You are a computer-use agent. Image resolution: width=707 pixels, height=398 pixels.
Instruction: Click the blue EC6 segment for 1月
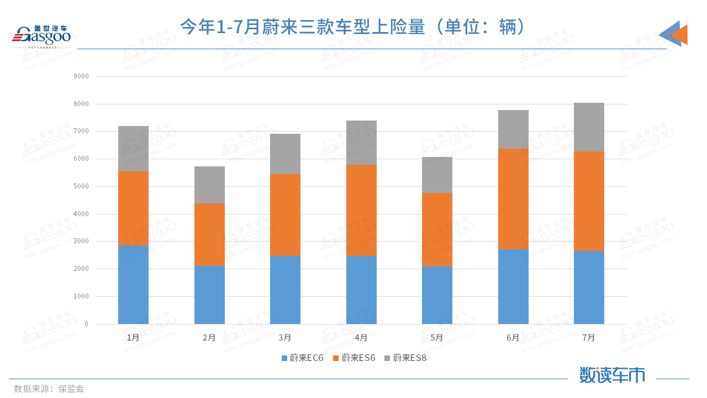click(x=133, y=284)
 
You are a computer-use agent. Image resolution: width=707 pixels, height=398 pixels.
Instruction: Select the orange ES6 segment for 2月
click(x=209, y=234)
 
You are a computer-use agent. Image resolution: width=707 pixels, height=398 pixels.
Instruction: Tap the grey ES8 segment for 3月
click(x=285, y=154)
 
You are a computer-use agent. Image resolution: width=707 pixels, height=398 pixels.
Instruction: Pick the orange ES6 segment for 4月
click(x=361, y=210)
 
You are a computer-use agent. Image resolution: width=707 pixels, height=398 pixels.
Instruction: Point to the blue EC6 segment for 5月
click(x=437, y=295)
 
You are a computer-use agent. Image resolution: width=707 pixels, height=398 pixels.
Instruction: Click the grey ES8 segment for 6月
click(x=513, y=129)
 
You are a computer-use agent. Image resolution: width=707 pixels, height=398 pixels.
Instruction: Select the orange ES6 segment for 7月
click(x=589, y=201)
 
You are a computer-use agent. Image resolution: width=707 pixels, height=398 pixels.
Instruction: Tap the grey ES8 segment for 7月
click(x=589, y=127)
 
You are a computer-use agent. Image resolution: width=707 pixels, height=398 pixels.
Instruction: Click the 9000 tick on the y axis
click(x=81, y=76)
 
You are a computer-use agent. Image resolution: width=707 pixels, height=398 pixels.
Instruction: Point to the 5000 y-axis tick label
click(x=81, y=186)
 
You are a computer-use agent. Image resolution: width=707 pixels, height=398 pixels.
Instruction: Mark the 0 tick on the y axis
click(x=86, y=324)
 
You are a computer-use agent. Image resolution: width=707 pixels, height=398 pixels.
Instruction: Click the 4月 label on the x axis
click(x=361, y=337)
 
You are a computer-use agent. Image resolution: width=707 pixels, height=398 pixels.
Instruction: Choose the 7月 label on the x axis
click(x=589, y=337)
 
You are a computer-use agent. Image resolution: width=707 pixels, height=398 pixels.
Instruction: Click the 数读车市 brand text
click(x=612, y=375)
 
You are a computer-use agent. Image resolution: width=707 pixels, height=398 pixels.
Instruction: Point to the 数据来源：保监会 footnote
click(x=49, y=389)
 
